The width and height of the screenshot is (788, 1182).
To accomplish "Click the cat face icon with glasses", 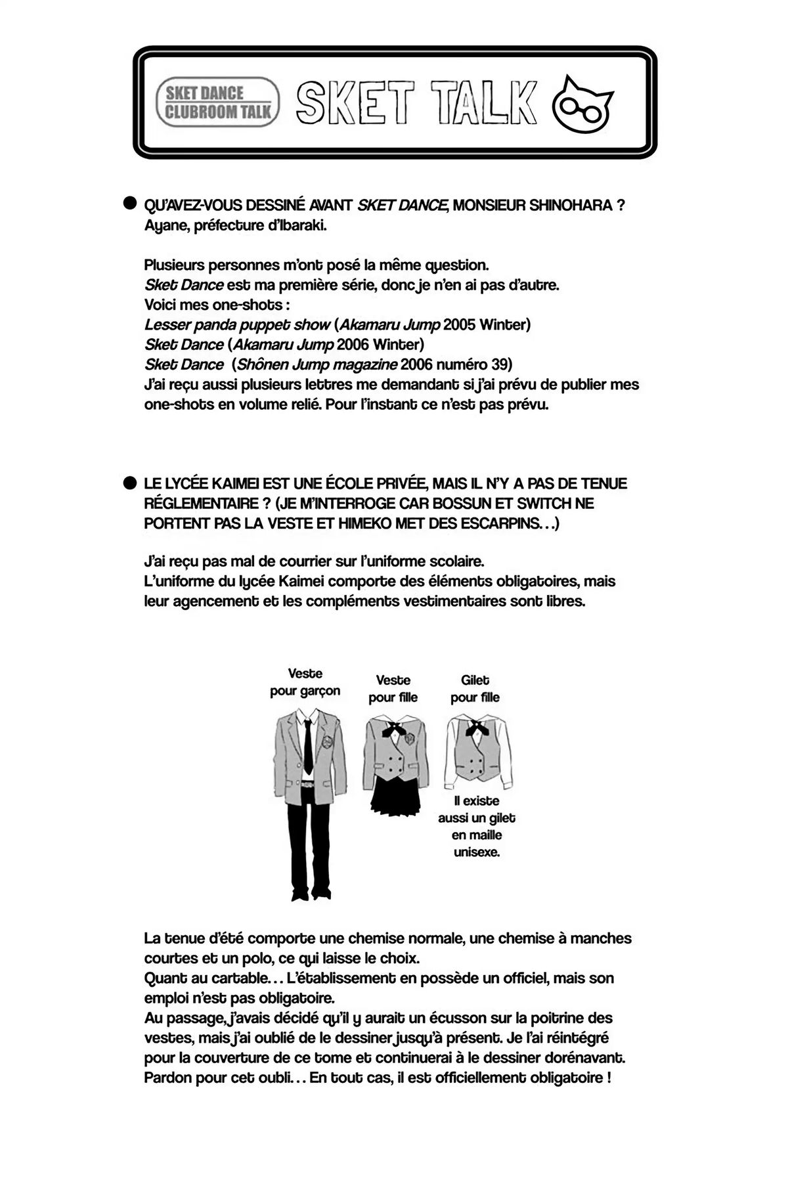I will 583,102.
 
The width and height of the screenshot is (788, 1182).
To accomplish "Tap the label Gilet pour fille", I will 475,689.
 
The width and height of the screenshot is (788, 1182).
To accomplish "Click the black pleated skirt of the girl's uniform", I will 393,797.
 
